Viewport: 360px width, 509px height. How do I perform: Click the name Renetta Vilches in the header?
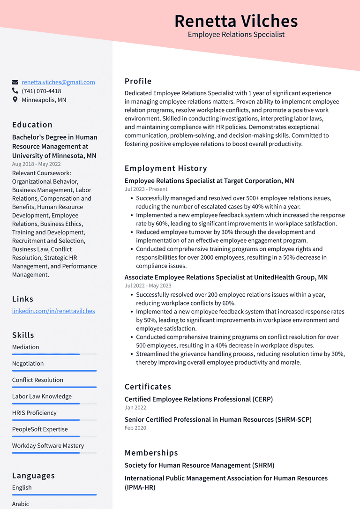click(236, 21)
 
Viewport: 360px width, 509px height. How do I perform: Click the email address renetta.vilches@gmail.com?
click(58, 82)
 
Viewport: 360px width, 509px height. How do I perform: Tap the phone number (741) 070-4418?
click(41, 91)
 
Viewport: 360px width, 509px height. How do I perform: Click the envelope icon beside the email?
click(15, 82)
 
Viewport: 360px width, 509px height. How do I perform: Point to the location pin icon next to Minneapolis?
click(15, 100)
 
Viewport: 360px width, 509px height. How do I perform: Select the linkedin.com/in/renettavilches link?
click(53, 311)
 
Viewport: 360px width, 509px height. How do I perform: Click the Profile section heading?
click(138, 81)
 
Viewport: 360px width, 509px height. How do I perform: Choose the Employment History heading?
click(165, 168)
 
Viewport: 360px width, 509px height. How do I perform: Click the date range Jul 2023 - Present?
click(146, 189)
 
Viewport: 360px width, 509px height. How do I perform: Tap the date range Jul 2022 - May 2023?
click(148, 286)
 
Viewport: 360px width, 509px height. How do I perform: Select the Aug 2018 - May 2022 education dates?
click(37, 164)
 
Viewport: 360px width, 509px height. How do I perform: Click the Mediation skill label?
click(26, 347)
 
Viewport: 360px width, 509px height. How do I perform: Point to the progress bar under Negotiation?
click(54, 371)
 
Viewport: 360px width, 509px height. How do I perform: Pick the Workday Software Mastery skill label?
click(48, 446)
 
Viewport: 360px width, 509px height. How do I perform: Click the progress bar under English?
click(54, 494)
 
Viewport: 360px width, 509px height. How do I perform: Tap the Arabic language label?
click(21, 504)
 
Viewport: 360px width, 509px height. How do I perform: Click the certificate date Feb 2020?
click(135, 428)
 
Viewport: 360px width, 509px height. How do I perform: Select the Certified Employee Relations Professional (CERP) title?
click(198, 399)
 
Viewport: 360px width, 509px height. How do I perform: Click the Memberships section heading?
click(151, 453)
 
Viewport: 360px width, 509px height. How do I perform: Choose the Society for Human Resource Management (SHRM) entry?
click(199, 465)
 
